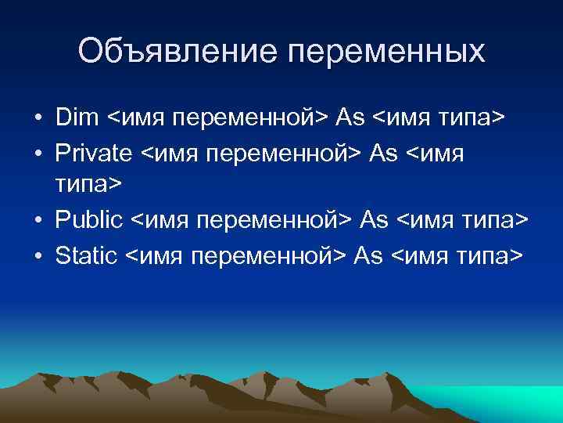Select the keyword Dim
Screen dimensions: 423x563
pos(77,117)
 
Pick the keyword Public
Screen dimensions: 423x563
pos(89,220)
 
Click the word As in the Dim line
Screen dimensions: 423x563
pos(351,117)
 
